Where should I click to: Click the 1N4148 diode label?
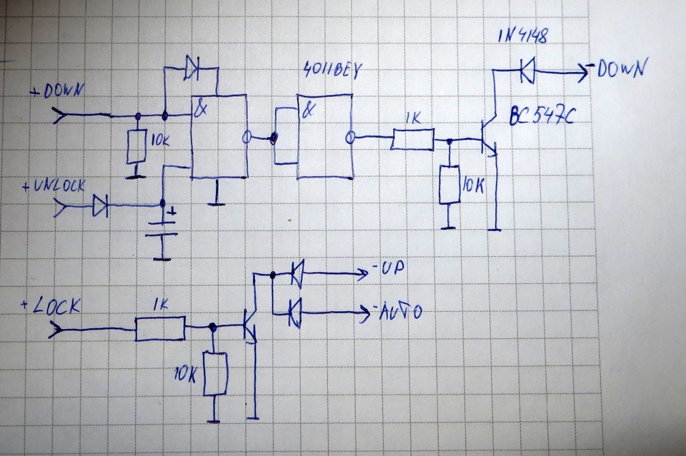pos(522,36)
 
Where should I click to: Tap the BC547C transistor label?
pos(542,116)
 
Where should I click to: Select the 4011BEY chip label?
pos(332,71)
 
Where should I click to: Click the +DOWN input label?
pos(57,91)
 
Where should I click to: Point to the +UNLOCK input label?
pos(54,186)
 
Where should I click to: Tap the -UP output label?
pos(388,268)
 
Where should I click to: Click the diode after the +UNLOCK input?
pos(100,206)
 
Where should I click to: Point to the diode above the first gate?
pos(192,68)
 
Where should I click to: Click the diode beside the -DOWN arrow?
pos(527,70)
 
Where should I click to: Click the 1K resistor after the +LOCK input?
pos(160,328)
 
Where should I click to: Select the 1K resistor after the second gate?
pos(412,139)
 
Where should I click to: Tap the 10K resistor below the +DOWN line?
pos(136,146)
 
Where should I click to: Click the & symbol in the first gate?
pos(200,108)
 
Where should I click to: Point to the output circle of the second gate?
pos(349,138)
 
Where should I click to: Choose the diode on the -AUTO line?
pos(296,313)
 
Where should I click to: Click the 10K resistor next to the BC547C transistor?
pos(449,184)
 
